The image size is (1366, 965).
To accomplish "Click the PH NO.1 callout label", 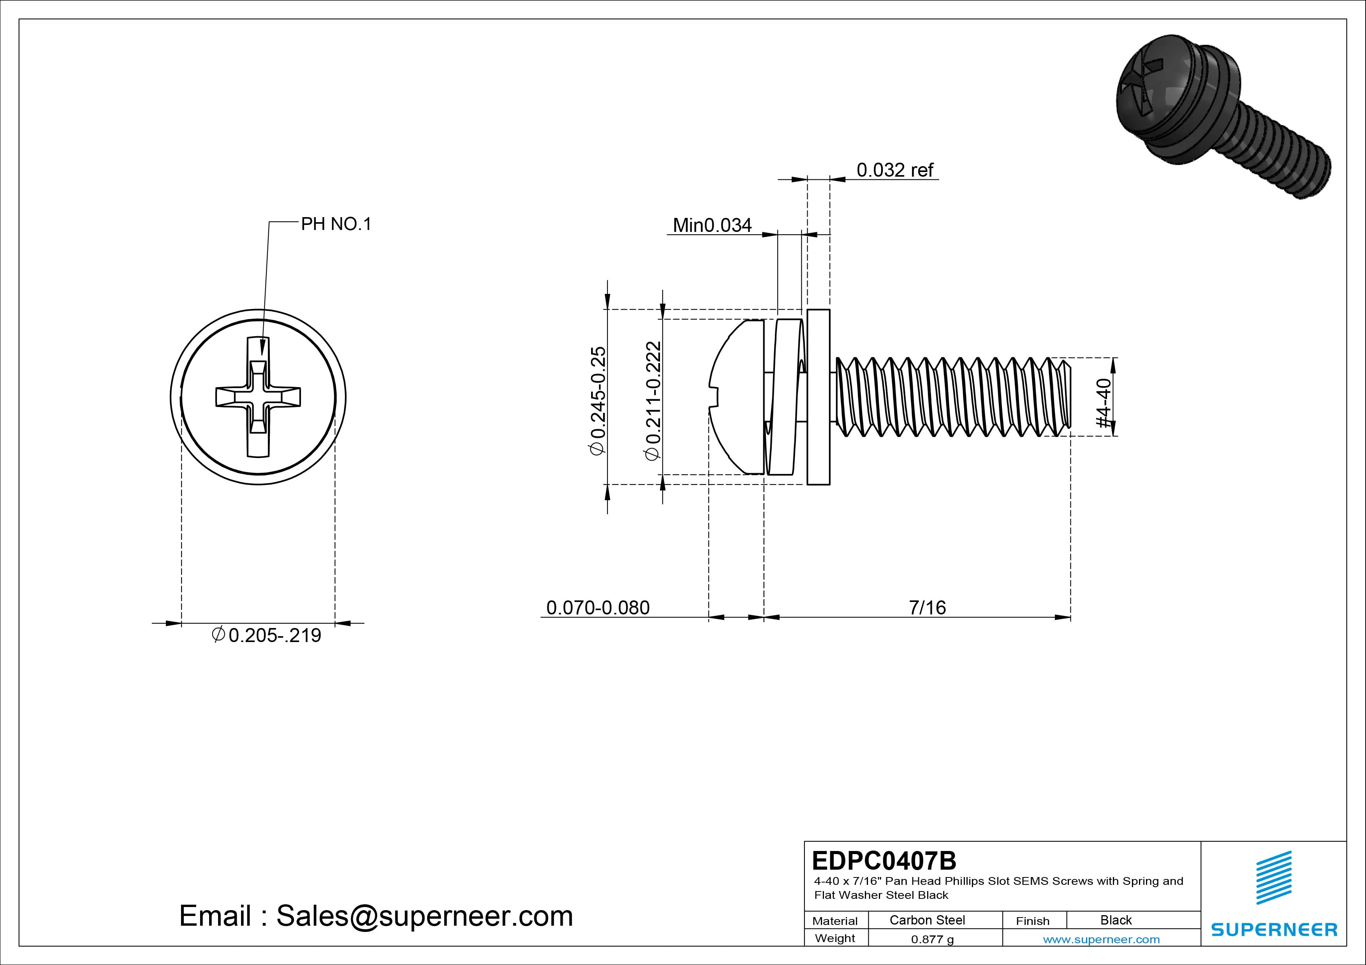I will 336,224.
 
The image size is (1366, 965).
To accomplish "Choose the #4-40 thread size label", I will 1103,403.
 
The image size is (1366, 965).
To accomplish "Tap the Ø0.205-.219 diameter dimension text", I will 266,635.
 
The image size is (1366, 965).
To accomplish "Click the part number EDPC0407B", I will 884,860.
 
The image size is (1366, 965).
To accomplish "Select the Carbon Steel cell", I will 926,920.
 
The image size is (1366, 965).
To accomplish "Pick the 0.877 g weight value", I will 932,939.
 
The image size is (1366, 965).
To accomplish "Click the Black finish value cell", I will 1116,920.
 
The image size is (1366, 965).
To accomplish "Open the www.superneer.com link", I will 1101,939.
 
